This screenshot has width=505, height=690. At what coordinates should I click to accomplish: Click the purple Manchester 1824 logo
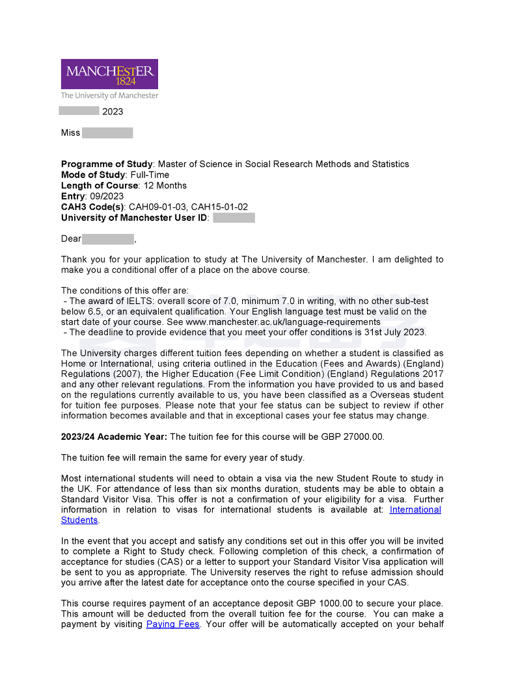(109, 74)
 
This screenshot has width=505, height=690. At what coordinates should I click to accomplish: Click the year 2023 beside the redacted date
(113, 112)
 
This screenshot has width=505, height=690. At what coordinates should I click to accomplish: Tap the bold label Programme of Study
(107, 164)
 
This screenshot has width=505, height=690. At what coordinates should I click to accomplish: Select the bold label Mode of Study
(92, 175)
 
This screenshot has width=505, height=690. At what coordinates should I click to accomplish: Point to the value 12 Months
(165, 186)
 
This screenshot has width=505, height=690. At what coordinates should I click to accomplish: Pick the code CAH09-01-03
(157, 207)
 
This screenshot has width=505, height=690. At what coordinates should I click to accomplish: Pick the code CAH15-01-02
(219, 207)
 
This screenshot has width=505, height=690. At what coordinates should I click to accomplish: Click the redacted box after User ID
(234, 218)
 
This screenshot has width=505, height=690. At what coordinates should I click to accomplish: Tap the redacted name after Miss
(107, 133)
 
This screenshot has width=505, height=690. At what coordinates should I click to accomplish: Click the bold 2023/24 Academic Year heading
(114, 437)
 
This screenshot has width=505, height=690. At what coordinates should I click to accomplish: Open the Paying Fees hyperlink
(173, 624)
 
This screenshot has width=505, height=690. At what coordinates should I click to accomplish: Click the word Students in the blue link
(79, 520)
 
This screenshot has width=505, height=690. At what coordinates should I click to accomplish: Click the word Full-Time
(150, 175)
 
